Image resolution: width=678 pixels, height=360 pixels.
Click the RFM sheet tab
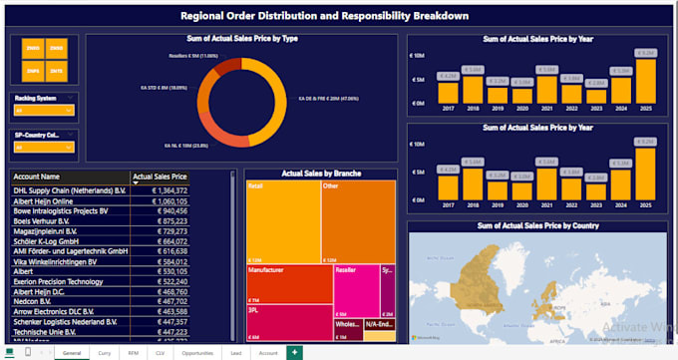pos(133,353)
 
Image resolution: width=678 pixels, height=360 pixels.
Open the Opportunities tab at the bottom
pos(197,353)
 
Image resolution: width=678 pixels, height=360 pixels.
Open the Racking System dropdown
pos(41,111)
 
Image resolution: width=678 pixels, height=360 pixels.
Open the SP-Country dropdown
pos(41,147)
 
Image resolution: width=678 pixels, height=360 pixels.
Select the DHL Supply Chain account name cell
pos(66,188)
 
